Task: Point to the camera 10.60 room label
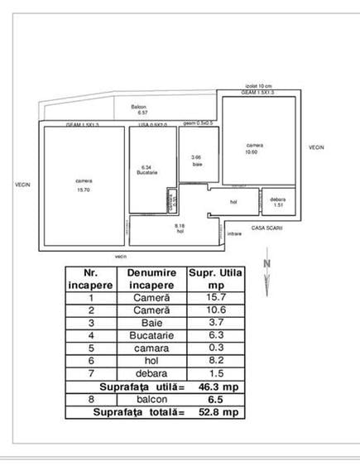click(251, 147)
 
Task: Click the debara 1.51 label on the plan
click(278, 202)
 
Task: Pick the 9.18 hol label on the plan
click(180, 228)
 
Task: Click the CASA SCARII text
click(267, 227)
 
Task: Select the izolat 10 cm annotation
click(259, 85)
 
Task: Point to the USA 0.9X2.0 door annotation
click(152, 125)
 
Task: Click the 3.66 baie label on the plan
click(197, 160)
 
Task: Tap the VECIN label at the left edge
click(22, 185)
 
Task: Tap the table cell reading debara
click(148, 372)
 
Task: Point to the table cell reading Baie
click(148, 323)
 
